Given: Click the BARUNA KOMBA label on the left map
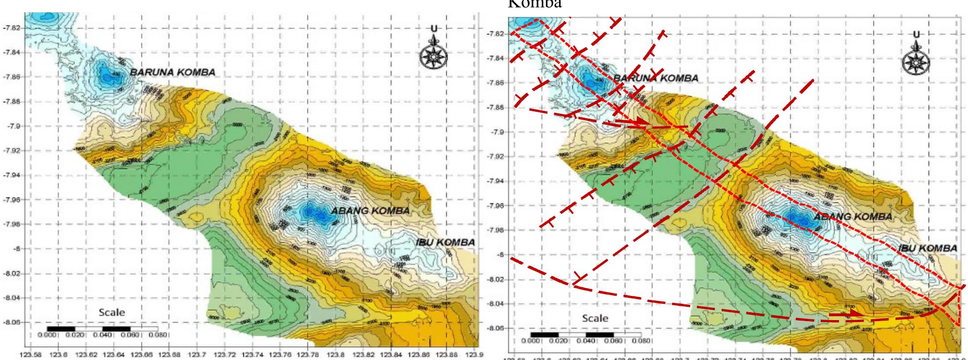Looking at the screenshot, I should tap(172, 72).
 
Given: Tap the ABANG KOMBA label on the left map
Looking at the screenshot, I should tap(370, 211).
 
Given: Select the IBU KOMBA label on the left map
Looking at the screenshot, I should tap(443, 242).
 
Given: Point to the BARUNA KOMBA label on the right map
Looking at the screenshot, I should tap(655, 78).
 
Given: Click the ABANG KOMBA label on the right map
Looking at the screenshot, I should tap(853, 217).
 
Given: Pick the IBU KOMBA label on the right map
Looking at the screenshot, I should tap(928, 248).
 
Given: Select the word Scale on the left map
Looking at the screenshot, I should tap(112, 312).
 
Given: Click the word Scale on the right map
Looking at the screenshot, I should tap(595, 318).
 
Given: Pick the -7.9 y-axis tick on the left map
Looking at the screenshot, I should tap(13, 126).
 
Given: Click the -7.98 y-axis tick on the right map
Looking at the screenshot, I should tap(495, 230).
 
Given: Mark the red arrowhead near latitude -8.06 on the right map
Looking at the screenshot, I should tap(855, 313).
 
